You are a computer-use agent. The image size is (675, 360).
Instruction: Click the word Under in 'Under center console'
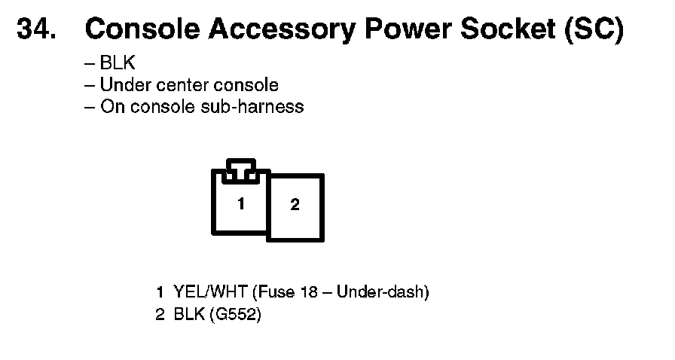(124, 85)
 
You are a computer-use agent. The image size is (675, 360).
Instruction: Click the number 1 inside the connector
(240, 203)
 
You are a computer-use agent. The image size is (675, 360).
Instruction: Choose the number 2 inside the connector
(295, 205)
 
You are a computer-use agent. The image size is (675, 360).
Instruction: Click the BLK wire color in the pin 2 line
(188, 315)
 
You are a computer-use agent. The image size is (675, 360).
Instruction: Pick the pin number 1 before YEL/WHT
(160, 291)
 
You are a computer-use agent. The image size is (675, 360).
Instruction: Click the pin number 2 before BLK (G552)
(160, 315)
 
